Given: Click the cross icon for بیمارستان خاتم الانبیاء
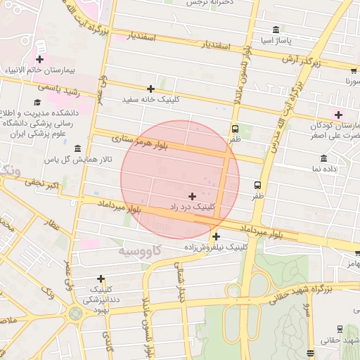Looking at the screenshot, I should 40,60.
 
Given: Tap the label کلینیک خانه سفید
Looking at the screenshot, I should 150,100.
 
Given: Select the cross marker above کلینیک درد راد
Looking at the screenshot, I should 192,195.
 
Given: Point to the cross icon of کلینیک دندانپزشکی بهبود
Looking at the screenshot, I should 101,278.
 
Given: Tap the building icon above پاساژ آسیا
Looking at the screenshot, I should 274,30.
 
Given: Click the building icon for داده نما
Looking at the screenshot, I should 323,158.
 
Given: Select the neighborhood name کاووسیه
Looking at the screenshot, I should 140,250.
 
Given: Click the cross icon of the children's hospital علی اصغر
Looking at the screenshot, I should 338,114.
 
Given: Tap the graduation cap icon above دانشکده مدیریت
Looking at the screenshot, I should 36,102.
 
